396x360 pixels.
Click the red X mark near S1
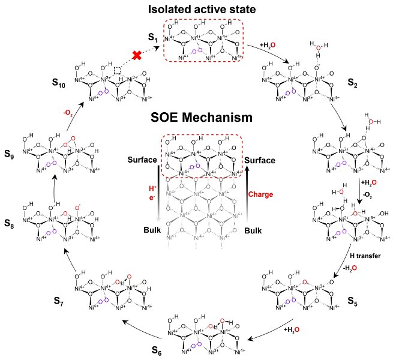tap(137, 55)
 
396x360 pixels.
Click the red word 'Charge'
tap(260, 194)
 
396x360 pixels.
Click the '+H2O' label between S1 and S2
tap(271, 44)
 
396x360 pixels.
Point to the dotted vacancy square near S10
tap(118, 71)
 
